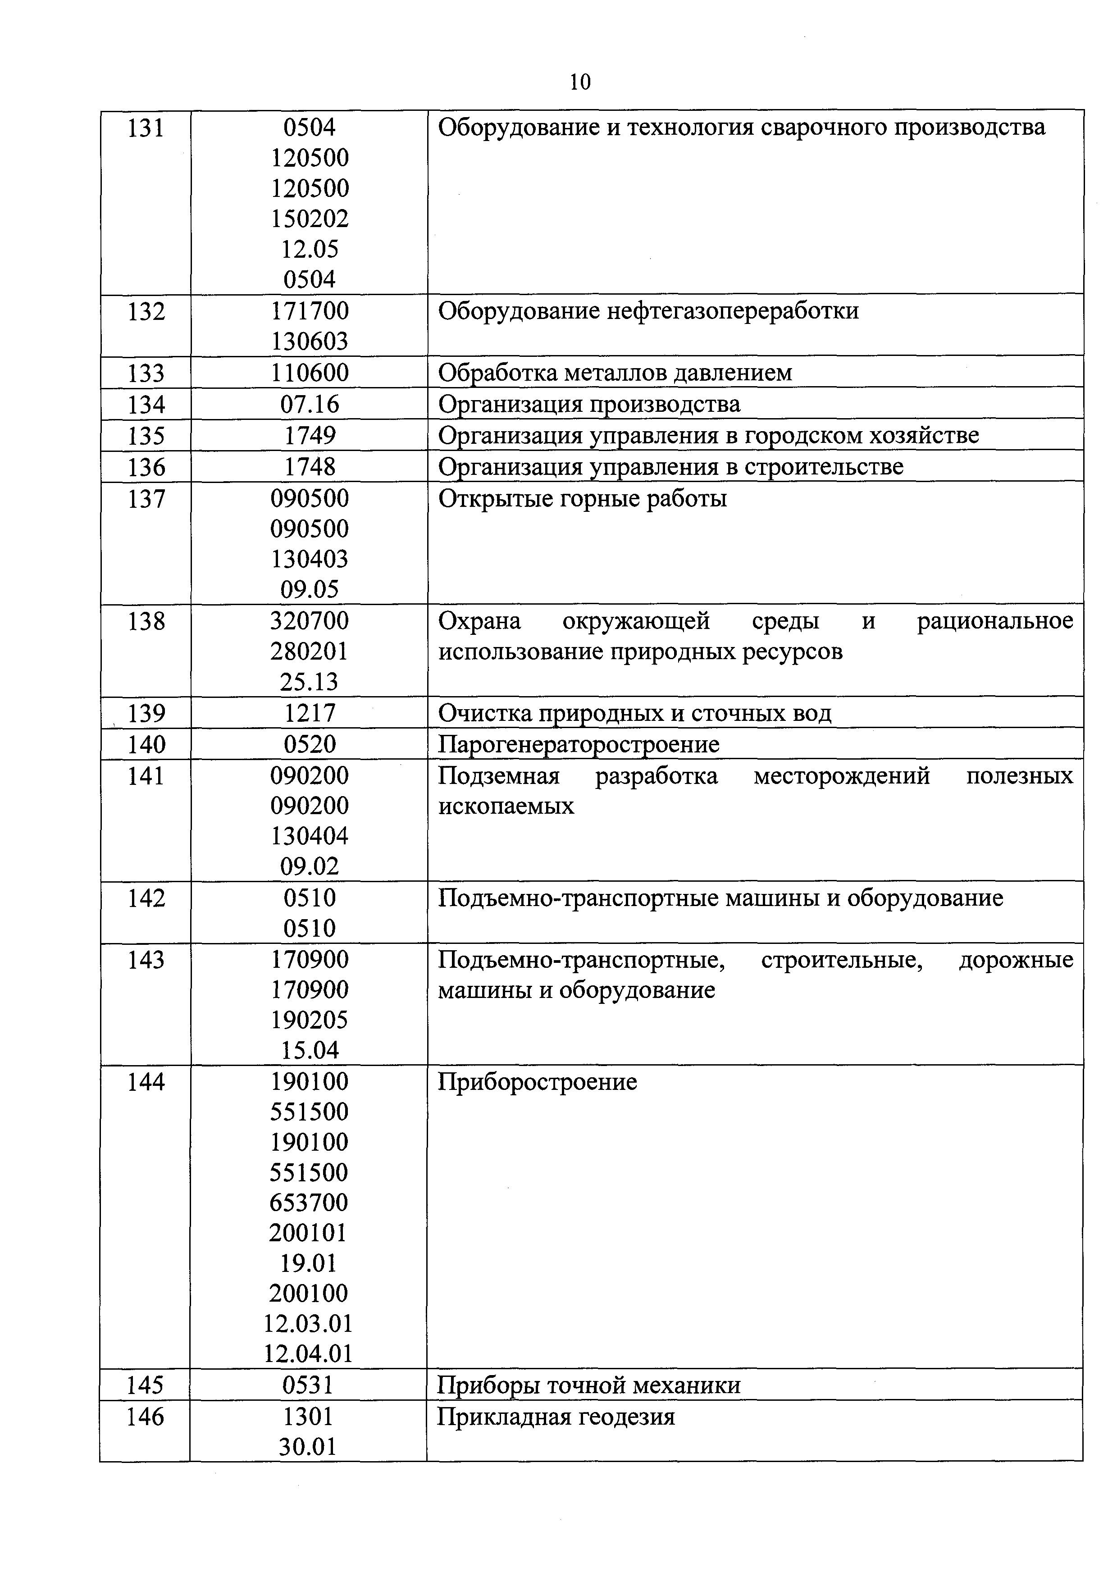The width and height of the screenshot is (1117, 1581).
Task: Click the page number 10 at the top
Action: [580, 82]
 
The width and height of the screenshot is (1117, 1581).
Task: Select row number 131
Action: [146, 128]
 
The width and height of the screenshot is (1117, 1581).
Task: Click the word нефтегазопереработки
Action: [733, 311]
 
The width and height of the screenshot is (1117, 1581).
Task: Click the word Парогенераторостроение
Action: [579, 744]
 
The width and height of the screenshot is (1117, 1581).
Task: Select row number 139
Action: [146, 713]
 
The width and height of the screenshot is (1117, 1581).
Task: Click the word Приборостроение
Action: [537, 1082]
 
